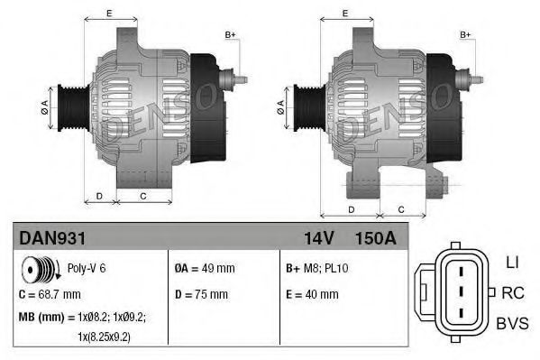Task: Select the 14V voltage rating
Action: (x=316, y=240)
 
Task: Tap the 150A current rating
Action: (x=376, y=240)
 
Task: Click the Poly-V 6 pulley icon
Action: (x=40, y=268)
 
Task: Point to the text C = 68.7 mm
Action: (x=50, y=294)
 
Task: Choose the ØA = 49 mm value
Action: (x=204, y=268)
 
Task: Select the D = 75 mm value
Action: (x=202, y=294)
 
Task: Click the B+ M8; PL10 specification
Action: (x=317, y=268)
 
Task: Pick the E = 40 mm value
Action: (x=312, y=294)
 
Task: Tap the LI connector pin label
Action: (x=512, y=263)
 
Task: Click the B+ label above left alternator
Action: (x=230, y=34)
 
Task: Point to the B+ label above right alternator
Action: (x=465, y=34)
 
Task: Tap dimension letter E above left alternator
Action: (x=109, y=13)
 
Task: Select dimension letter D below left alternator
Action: (x=99, y=195)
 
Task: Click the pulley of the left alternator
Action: (x=70, y=106)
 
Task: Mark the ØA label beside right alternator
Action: (x=281, y=106)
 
